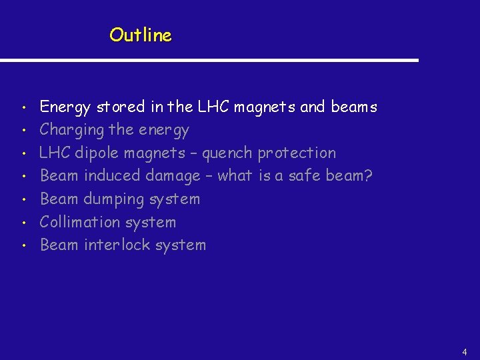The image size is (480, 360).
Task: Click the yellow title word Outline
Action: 141,35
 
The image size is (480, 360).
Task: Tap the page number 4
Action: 465,351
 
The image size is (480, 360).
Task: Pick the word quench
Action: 227,153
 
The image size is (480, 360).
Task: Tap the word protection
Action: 297,153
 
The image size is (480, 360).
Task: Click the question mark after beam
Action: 368,176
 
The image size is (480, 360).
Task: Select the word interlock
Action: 117,245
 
